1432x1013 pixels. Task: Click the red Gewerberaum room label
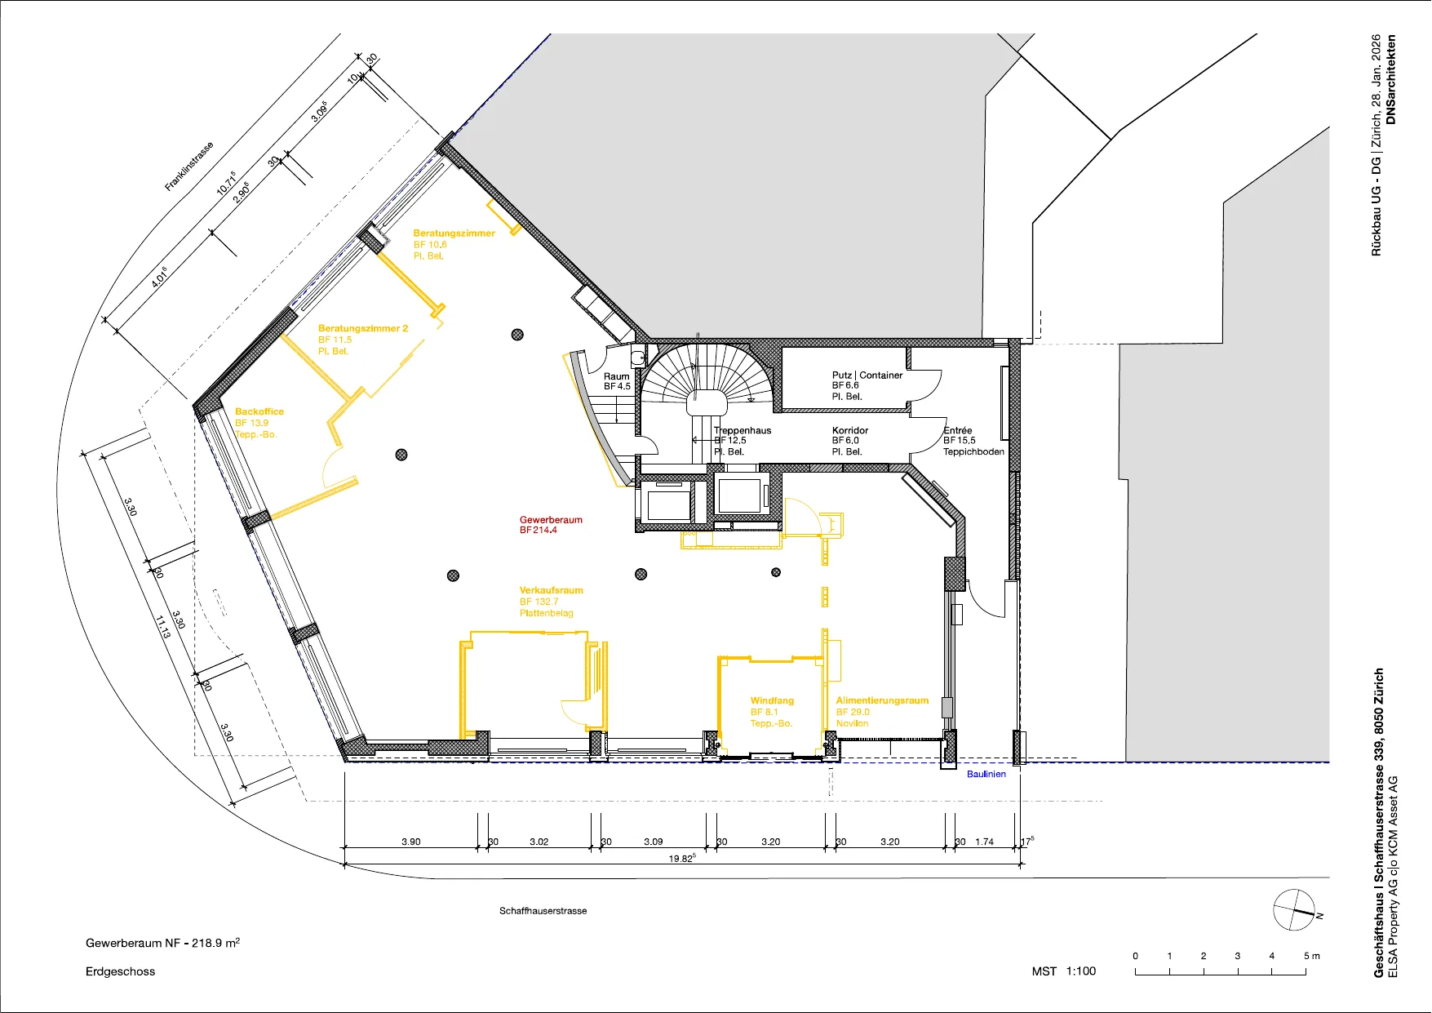pos(551,520)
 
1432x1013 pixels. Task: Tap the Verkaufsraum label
pos(552,590)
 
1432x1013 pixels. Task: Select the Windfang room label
pos(772,700)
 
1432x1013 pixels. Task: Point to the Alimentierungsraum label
pos(882,700)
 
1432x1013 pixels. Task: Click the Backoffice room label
pos(259,411)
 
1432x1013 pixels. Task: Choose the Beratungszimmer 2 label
pos(363,328)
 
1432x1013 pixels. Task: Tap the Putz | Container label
pos(867,375)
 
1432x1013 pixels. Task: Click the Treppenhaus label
pos(743,430)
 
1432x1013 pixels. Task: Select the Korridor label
pos(850,430)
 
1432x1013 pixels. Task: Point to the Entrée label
pos(958,430)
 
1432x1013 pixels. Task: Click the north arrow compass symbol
pos(1295,909)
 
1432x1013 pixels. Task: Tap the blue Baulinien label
pos(986,774)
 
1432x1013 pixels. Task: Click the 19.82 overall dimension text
pos(681,858)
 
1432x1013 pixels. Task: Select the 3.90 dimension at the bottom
pos(411,842)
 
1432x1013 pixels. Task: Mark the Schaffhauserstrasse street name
pos(543,910)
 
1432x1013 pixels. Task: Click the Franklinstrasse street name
pos(189,167)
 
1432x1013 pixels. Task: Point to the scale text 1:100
pos(1081,971)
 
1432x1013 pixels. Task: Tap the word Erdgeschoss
pos(120,971)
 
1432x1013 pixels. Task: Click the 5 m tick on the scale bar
pos(1306,971)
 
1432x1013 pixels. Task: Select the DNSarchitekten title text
pos(1391,79)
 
